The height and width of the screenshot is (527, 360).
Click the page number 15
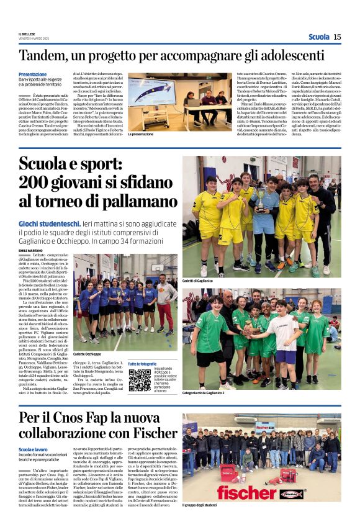tap(337, 37)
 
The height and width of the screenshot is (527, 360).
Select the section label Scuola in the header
tap(318, 37)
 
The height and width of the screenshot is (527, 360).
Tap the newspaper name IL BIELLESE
tap(29, 34)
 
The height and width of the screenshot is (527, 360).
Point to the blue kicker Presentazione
tap(37, 74)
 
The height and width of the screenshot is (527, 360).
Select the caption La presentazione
tap(140, 133)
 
